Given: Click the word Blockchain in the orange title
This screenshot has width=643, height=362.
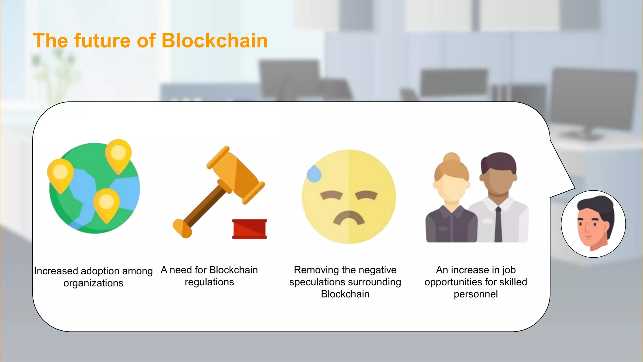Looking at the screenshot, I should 214,41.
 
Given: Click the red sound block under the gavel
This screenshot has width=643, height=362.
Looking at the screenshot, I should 250,229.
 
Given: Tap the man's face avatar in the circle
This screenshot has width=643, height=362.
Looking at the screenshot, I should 593,224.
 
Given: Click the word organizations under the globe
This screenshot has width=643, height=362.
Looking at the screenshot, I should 93,283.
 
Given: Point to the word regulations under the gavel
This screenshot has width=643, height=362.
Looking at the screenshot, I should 209,282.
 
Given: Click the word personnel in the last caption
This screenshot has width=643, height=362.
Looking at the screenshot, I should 476,294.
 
